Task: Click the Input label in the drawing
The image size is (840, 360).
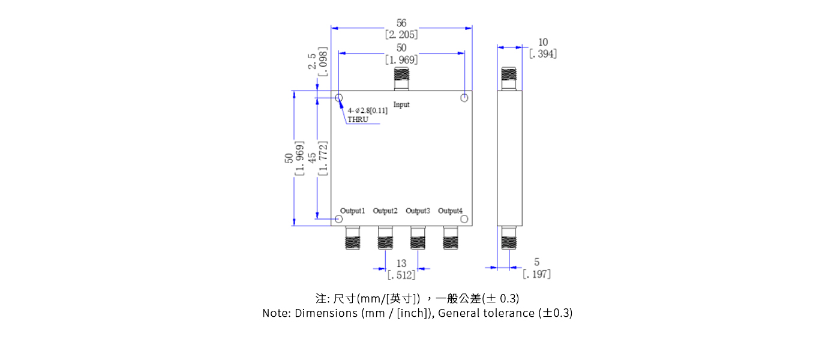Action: point(401,104)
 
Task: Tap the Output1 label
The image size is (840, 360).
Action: point(352,211)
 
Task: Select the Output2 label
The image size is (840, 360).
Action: point(385,211)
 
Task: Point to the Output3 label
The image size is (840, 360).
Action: point(418,211)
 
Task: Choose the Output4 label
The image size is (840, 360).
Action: point(450,211)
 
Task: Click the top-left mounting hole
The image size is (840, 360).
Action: point(339,98)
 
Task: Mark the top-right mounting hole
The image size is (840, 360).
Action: point(464,98)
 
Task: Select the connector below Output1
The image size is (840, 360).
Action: point(352,238)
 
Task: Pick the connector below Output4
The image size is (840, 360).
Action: point(450,238)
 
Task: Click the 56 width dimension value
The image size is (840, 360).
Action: point(401,23)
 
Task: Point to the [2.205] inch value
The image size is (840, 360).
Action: point(401,34)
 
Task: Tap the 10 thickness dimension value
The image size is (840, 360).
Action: point(543,42)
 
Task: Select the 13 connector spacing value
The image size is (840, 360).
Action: point(401,263)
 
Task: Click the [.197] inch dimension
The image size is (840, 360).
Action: point(536,274)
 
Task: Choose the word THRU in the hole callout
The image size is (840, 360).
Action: point(358,119)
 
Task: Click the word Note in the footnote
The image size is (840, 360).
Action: point(275,313)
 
